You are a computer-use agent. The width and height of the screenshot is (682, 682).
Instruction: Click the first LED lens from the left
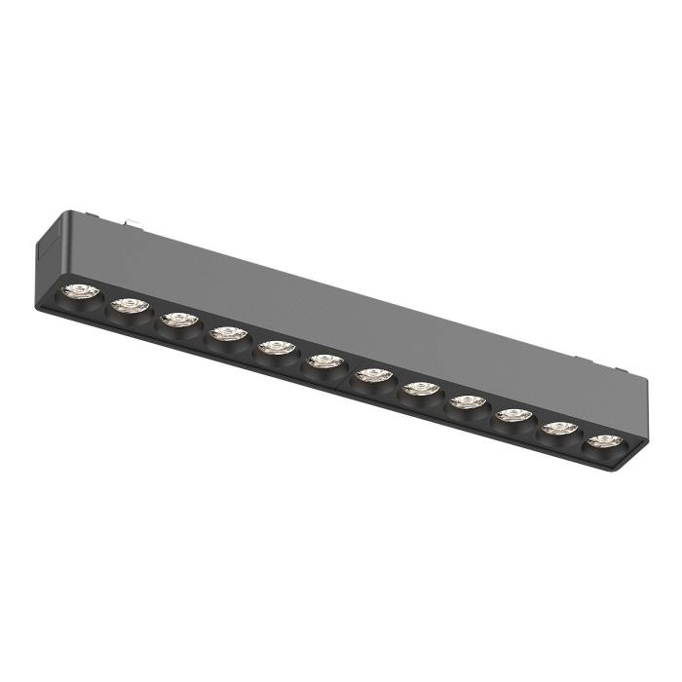pos(77,290)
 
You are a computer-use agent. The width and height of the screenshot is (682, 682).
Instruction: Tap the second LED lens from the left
pos(128,306)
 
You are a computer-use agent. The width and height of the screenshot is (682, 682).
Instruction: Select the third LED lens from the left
pos(178,320)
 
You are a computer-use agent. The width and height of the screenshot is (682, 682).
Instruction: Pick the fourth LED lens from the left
pos(227,334)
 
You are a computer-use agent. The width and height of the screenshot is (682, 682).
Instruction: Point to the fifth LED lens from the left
pos(277,348)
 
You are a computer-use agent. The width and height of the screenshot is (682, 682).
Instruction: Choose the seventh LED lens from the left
pos(372,375)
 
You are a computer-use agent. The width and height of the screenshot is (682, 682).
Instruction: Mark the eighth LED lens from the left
pos(420,389)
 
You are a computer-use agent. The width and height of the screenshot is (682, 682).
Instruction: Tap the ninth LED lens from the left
pos(467,401)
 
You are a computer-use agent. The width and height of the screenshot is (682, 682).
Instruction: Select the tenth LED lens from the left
pos(512,415)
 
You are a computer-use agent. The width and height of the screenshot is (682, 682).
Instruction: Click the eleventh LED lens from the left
pos(558,428)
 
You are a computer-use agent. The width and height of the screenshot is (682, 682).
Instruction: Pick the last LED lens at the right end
pos(604,440)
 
